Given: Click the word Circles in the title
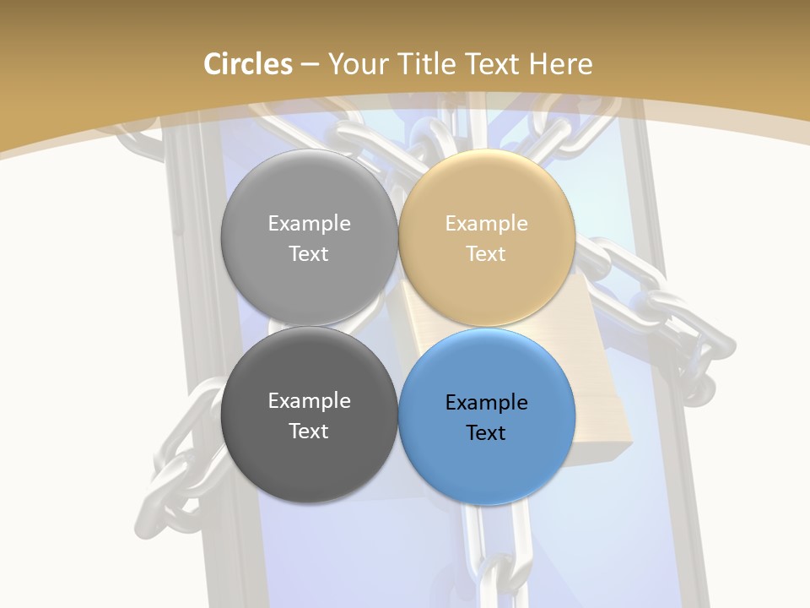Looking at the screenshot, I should point(247,64).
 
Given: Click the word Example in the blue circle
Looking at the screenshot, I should point(486,403).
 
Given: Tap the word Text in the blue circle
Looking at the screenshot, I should point(486,433).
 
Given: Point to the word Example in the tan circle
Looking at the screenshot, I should point(486,224).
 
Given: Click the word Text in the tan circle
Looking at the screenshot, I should point(486,254).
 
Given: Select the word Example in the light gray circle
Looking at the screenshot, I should point(309,224).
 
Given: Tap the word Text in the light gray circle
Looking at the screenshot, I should point(309,254).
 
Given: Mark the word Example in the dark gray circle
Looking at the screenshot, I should point(309,401).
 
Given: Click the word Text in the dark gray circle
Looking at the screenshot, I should point(309,432).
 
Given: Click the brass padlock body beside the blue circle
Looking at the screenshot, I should point(603,422).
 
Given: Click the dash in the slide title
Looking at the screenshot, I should point(310,65).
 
